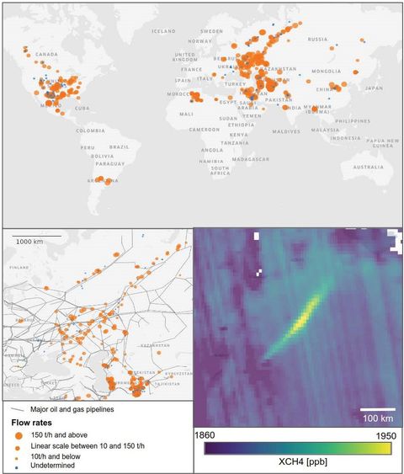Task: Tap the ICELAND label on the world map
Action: [164, 31]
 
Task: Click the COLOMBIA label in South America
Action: [90, 130]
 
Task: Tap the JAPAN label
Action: [374, 88]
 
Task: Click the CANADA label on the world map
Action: [46, 55]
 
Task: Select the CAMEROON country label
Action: [205, 130]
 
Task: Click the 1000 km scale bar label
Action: [29, 241]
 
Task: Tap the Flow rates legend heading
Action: [31, 423]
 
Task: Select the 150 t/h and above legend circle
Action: [18, 435]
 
